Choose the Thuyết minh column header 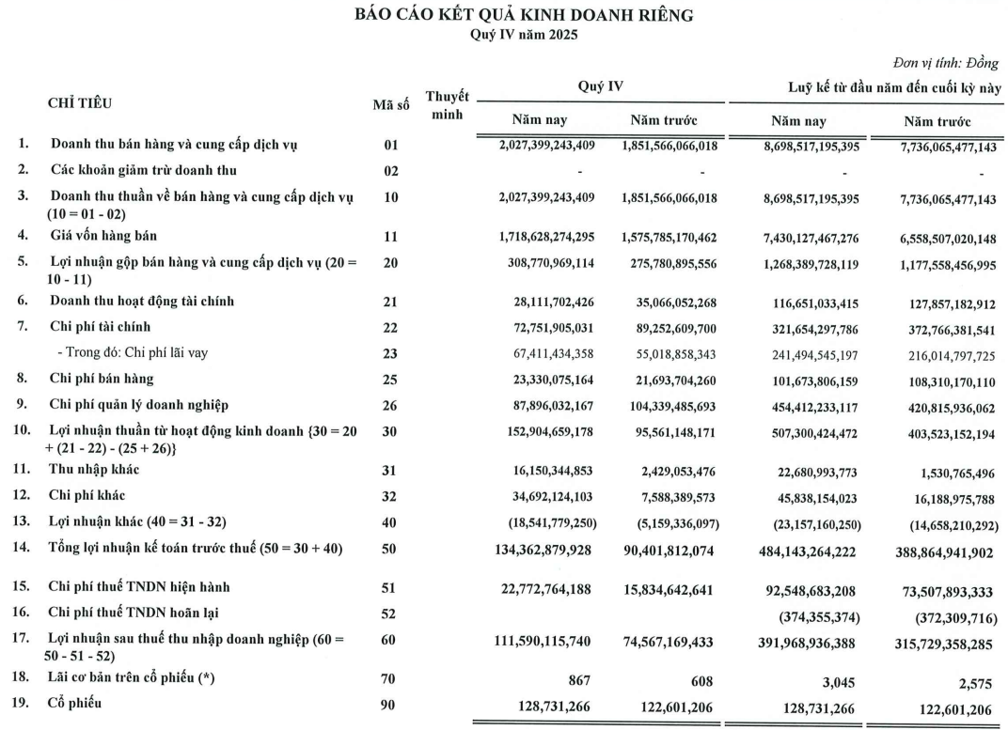(447, 104)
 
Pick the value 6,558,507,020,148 (937, 238)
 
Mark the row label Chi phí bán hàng (102, 380)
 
